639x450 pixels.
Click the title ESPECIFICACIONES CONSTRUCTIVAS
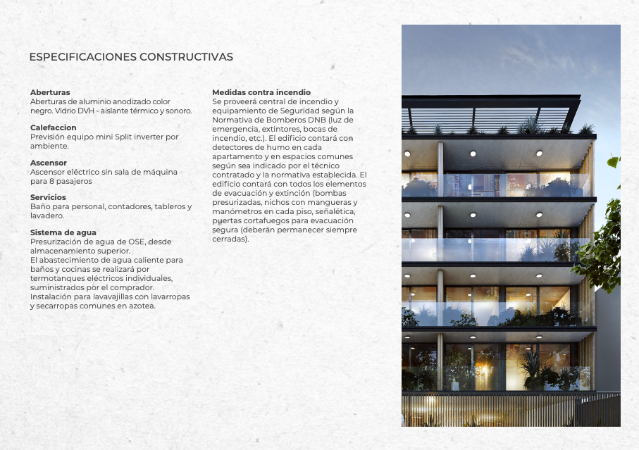(131, 57)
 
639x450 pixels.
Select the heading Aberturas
(50, 92)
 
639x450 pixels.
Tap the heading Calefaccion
(54, 127)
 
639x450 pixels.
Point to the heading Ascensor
(49, 163)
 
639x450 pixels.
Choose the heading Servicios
(48, 198)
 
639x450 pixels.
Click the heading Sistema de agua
(63, 232)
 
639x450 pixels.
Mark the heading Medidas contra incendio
(261, 92)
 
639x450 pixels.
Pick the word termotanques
(57, 278)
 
